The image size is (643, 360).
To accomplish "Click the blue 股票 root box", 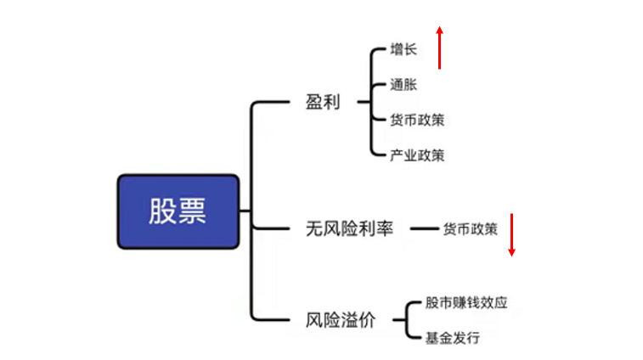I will (x=178, y=211).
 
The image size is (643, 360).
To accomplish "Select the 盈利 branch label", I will (x=323, y=103).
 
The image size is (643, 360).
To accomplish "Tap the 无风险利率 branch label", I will (x=349, y=228).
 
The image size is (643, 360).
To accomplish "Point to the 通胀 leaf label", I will (x=403, y=85).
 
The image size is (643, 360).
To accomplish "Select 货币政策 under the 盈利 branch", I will (x=417, y=120).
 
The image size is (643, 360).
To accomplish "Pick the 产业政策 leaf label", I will (x=417, y=155).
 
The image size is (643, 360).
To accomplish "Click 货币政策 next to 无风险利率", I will (x=470, y=228).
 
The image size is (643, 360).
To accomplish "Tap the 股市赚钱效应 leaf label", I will (x=466, y=302).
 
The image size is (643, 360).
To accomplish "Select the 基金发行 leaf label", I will (x=452, y=338).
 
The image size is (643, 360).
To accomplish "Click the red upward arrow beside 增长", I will (x=439, y=48).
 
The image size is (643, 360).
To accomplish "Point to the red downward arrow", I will (x=512, y=235).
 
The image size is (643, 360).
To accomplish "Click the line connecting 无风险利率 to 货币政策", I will (x=423, y=228).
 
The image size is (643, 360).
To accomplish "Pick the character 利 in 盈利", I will (x=332, y=103).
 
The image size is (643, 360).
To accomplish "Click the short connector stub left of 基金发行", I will (x=415, y=338).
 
